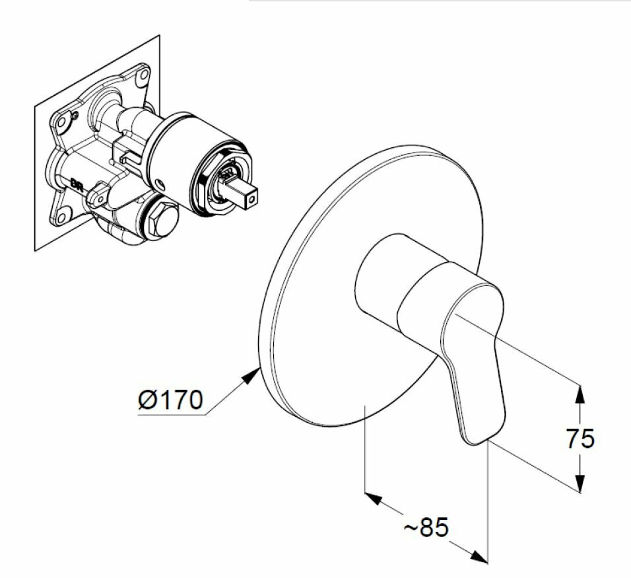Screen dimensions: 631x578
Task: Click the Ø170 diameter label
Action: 170,400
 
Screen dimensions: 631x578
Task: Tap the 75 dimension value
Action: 580,438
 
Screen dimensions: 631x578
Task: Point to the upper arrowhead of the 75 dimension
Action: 579,394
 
